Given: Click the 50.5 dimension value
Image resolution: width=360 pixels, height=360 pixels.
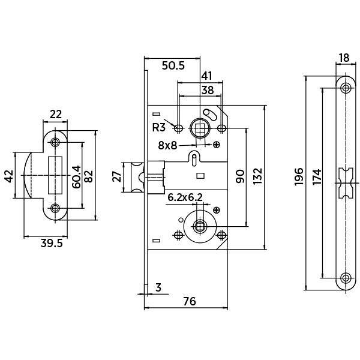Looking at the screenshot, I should (x=173, y=65).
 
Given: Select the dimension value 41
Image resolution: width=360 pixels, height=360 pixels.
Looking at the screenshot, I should (x=207, y=76).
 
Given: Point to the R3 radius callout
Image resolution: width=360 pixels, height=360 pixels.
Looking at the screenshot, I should (x=158, y=127).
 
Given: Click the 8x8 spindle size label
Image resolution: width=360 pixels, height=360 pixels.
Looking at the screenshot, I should (x=168, y=145).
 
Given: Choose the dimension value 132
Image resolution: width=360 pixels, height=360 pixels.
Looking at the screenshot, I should (x=259, y=176).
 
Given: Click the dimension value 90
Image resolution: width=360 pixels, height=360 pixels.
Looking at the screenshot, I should (x=240, y=176).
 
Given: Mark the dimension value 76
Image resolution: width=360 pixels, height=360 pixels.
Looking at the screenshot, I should (x=189, y=301).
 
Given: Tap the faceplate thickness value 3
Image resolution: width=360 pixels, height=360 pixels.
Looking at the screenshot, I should (x=158, y=288).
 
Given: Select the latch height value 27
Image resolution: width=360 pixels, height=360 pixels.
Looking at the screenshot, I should (x=117, y=177).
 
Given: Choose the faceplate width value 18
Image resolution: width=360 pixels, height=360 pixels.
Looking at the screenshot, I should (x=344, y=58).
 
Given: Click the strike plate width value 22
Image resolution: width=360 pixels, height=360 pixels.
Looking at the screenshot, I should (x=56, y=113).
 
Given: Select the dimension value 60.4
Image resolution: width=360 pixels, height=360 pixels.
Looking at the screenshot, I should (x=76, y=176).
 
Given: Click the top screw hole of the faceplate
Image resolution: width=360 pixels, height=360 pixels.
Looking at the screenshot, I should (x=344, y=88).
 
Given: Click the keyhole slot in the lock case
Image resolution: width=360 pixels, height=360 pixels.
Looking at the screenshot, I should (x=195, y=158).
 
